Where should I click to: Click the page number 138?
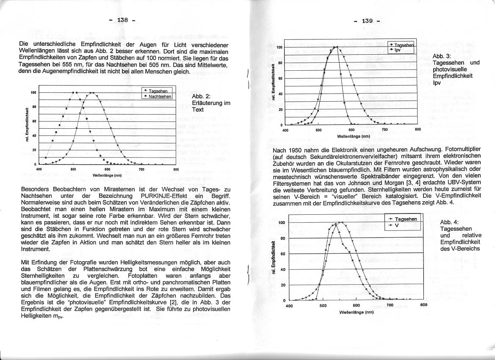click(122, 20)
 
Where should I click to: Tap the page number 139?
click(367, 20)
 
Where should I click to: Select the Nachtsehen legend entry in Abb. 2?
click(160, 97)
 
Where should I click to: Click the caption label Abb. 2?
click(202, 96)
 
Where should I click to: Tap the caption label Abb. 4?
click(449, 222)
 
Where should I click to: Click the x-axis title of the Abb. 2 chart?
click(107, 174)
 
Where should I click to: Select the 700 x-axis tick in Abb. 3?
click(384, 130)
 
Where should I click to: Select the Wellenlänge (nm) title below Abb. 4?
click(357, 312)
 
